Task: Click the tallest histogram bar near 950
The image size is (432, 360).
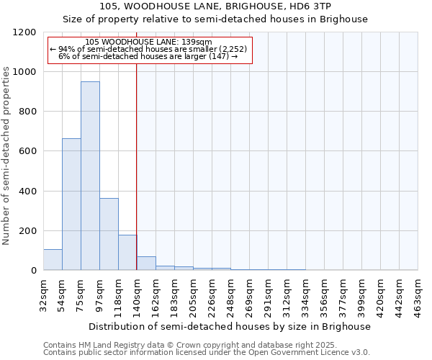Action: [x=90, y=176]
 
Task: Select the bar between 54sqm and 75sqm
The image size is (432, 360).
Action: [x=71, y=204]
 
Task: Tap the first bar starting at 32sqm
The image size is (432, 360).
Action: [x=53, y=260]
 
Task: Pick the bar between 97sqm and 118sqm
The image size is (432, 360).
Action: [x=109, y=234]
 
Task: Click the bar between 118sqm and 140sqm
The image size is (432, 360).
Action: [x=127, y=253]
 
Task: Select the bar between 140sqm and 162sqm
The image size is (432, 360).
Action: [x=146, y=264]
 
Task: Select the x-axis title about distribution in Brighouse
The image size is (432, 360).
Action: [x=230, y=326]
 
